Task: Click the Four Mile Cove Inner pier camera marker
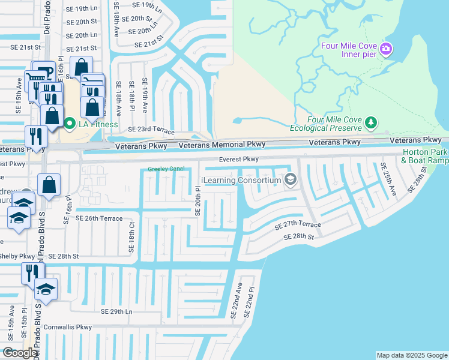coord(387,49)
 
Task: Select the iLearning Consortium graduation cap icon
coord(291,179)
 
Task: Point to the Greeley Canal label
coord(166,169)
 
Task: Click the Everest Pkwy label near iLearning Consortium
coord(238,160)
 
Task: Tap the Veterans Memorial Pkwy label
coord(221,145)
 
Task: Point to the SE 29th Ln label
coord(116,312)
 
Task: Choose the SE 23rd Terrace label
coord(151,130)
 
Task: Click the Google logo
coord(19,353)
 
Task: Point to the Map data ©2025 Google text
coord(412,355)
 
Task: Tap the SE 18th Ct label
coord(131,232)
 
